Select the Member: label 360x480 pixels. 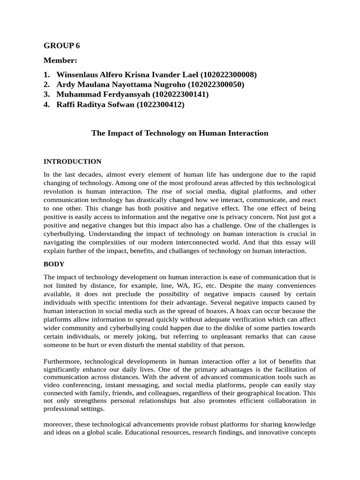coord(60,60)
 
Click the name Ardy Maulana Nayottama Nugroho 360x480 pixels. coord(121,85)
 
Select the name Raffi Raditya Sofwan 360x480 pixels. coord(95,105)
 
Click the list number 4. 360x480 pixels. coord(46,105)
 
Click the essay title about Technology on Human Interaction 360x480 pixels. coord(180,133)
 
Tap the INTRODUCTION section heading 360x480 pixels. coord(72,162)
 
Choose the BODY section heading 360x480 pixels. coord(54,264)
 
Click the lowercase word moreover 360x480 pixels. coord(58,424)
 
